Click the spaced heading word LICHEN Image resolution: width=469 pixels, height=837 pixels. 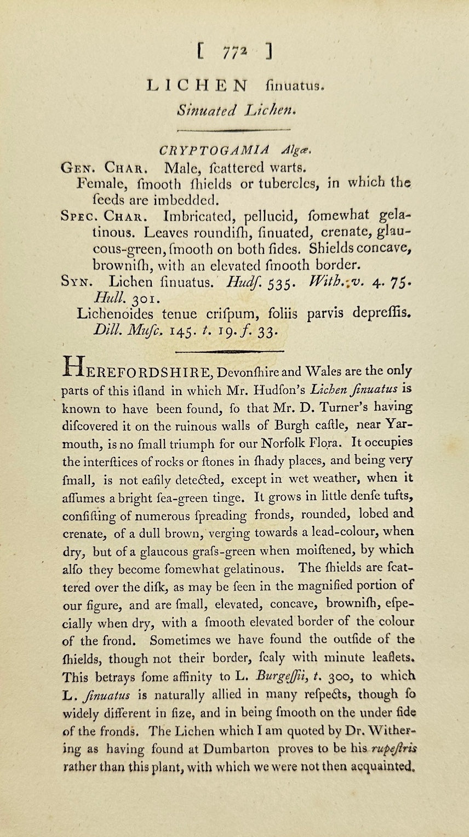tap(197, 85)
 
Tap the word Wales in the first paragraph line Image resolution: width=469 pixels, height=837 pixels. tap(323, 371)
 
